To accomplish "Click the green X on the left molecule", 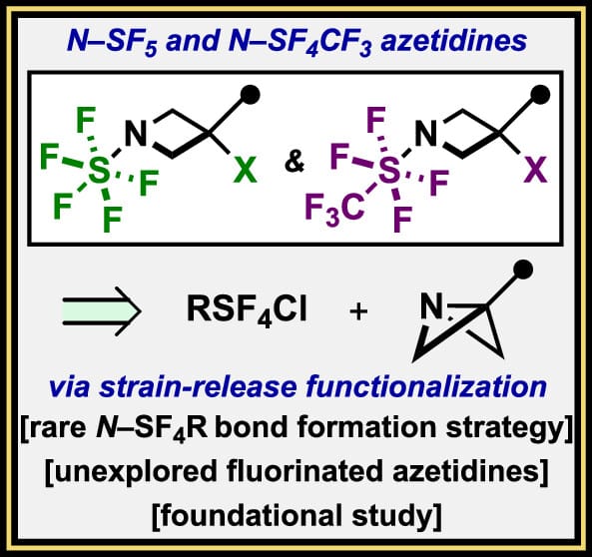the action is [245, 170].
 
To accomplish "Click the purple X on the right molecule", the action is [535, 170].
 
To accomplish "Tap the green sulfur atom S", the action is [99, 170].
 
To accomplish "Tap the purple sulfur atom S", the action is [389, 170].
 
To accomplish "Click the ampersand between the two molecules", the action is [295, 162].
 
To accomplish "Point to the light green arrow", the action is [102, 311].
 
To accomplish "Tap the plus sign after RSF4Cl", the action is [358, 311].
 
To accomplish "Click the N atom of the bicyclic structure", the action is [431, 306].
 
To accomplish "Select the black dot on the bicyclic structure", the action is [523, 270].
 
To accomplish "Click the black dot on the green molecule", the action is [250, 95].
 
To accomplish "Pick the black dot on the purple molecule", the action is [540, 95].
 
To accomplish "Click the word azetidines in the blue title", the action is [454, 41].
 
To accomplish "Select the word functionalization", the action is [426, 386].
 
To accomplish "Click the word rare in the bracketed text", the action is [57, 428].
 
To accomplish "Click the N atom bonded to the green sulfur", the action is [136, 134].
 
